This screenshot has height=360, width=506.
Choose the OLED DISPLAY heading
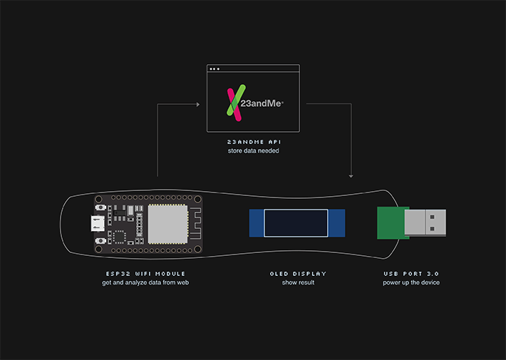click(297, 274)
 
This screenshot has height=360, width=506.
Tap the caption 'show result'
click(297, 282)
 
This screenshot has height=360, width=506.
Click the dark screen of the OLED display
click(296, 223)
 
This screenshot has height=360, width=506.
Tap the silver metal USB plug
click(425, 222)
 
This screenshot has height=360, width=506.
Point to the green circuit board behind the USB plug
click(391, 222)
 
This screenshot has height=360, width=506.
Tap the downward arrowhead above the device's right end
click(351, 176)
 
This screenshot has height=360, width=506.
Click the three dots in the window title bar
click(215, 69)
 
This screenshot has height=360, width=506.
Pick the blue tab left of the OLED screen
click(257, 223)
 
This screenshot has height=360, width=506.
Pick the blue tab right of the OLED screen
click(336, 223)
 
